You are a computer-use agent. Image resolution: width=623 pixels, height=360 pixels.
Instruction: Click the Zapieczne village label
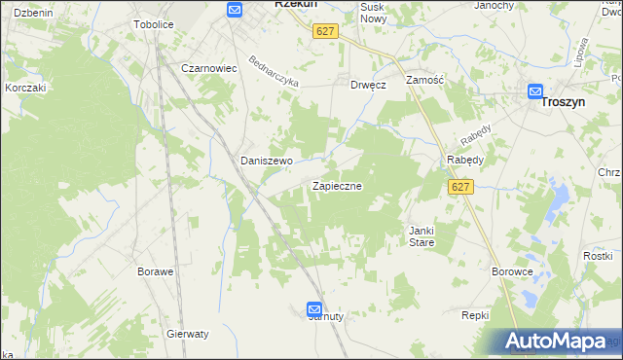tap(338, 185)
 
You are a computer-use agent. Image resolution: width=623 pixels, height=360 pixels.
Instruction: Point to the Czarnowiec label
tap(210, 68)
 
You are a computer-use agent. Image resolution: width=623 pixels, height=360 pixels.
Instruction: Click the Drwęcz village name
tap(369, 85)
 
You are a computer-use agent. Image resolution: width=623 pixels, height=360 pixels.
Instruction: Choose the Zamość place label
tap(424, 81)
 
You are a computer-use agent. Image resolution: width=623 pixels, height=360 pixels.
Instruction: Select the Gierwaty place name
tap(188, 334)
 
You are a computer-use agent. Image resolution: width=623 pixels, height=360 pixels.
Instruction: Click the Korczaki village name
tap(26, 87)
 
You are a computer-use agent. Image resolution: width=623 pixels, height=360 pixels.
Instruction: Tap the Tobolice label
tap(153, 24)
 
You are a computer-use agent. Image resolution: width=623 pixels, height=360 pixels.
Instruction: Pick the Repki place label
tap(474, 315)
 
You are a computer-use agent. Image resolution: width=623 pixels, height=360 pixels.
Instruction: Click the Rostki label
tap(596, 255)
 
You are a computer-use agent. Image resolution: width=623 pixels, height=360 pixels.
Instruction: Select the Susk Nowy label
tap(373, 13)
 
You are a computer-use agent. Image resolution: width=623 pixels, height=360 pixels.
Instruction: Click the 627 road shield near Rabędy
tap(461, 187)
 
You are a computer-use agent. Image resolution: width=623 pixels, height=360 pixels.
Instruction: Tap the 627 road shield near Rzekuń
tap(325, 31)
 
